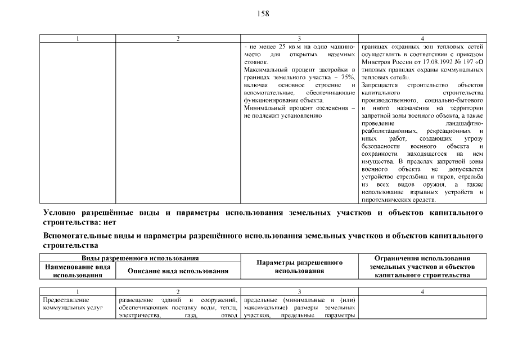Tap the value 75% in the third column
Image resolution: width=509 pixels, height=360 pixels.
[x=348, y=76]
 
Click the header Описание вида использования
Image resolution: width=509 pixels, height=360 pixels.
[x=178, y=271]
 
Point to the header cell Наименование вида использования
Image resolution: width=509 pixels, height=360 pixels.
[x=78, y=271]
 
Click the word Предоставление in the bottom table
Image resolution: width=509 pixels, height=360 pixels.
[x=66, y=300]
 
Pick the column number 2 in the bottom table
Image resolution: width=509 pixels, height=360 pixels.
[x=178, y=291]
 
